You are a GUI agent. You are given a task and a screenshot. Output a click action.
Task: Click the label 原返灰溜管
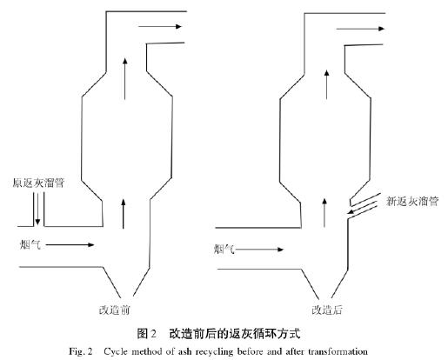[38, 183]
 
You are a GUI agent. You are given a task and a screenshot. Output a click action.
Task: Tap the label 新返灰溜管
[412, 201]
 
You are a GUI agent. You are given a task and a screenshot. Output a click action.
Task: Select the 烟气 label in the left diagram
[30, 245]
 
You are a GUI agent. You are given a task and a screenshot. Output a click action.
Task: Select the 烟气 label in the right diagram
[224, 250]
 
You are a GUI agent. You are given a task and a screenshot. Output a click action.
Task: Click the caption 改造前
[114, 310]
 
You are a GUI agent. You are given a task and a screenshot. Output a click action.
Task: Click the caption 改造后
[327, 310]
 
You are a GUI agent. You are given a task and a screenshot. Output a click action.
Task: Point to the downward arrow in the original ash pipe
[37, 209]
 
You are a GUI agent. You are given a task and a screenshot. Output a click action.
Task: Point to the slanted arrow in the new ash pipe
[363, 207]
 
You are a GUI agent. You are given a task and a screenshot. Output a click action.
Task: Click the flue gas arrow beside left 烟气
[70, 245]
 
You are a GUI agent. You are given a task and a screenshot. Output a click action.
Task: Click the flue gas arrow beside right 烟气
[260, 250]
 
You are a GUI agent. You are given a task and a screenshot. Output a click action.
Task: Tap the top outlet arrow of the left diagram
[160, 27]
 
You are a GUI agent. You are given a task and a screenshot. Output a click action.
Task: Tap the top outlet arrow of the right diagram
[360, 29]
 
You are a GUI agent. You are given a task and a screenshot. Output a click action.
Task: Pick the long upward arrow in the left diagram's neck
[125, 79]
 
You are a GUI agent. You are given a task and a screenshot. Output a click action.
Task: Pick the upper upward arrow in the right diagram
[327, 84]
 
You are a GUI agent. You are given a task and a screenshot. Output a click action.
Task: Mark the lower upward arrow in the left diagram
[124, 214]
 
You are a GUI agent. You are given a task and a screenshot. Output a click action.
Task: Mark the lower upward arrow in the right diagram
[324, 213]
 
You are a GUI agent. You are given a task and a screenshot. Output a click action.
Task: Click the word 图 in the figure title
[143, 334]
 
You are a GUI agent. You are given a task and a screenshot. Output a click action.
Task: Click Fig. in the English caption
[76, 351]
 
